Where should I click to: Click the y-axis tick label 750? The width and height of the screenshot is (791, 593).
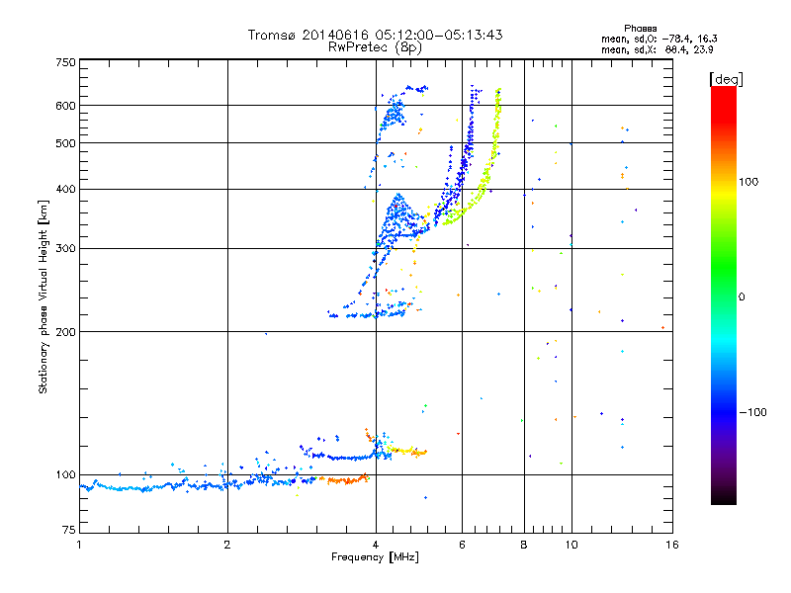(x=66, y=61)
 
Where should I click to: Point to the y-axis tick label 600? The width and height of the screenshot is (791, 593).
(x=66, y=106)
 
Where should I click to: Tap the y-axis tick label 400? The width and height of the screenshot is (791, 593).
(x=66, y=189)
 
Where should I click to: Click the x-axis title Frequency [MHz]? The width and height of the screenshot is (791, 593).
(x=375, y=558)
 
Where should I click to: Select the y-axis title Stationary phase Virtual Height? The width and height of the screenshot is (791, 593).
(x=44, y=296)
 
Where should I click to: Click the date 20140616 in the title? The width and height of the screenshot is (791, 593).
(x=340, y=35)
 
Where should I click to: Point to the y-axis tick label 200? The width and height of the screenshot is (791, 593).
(x=66, y=332)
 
